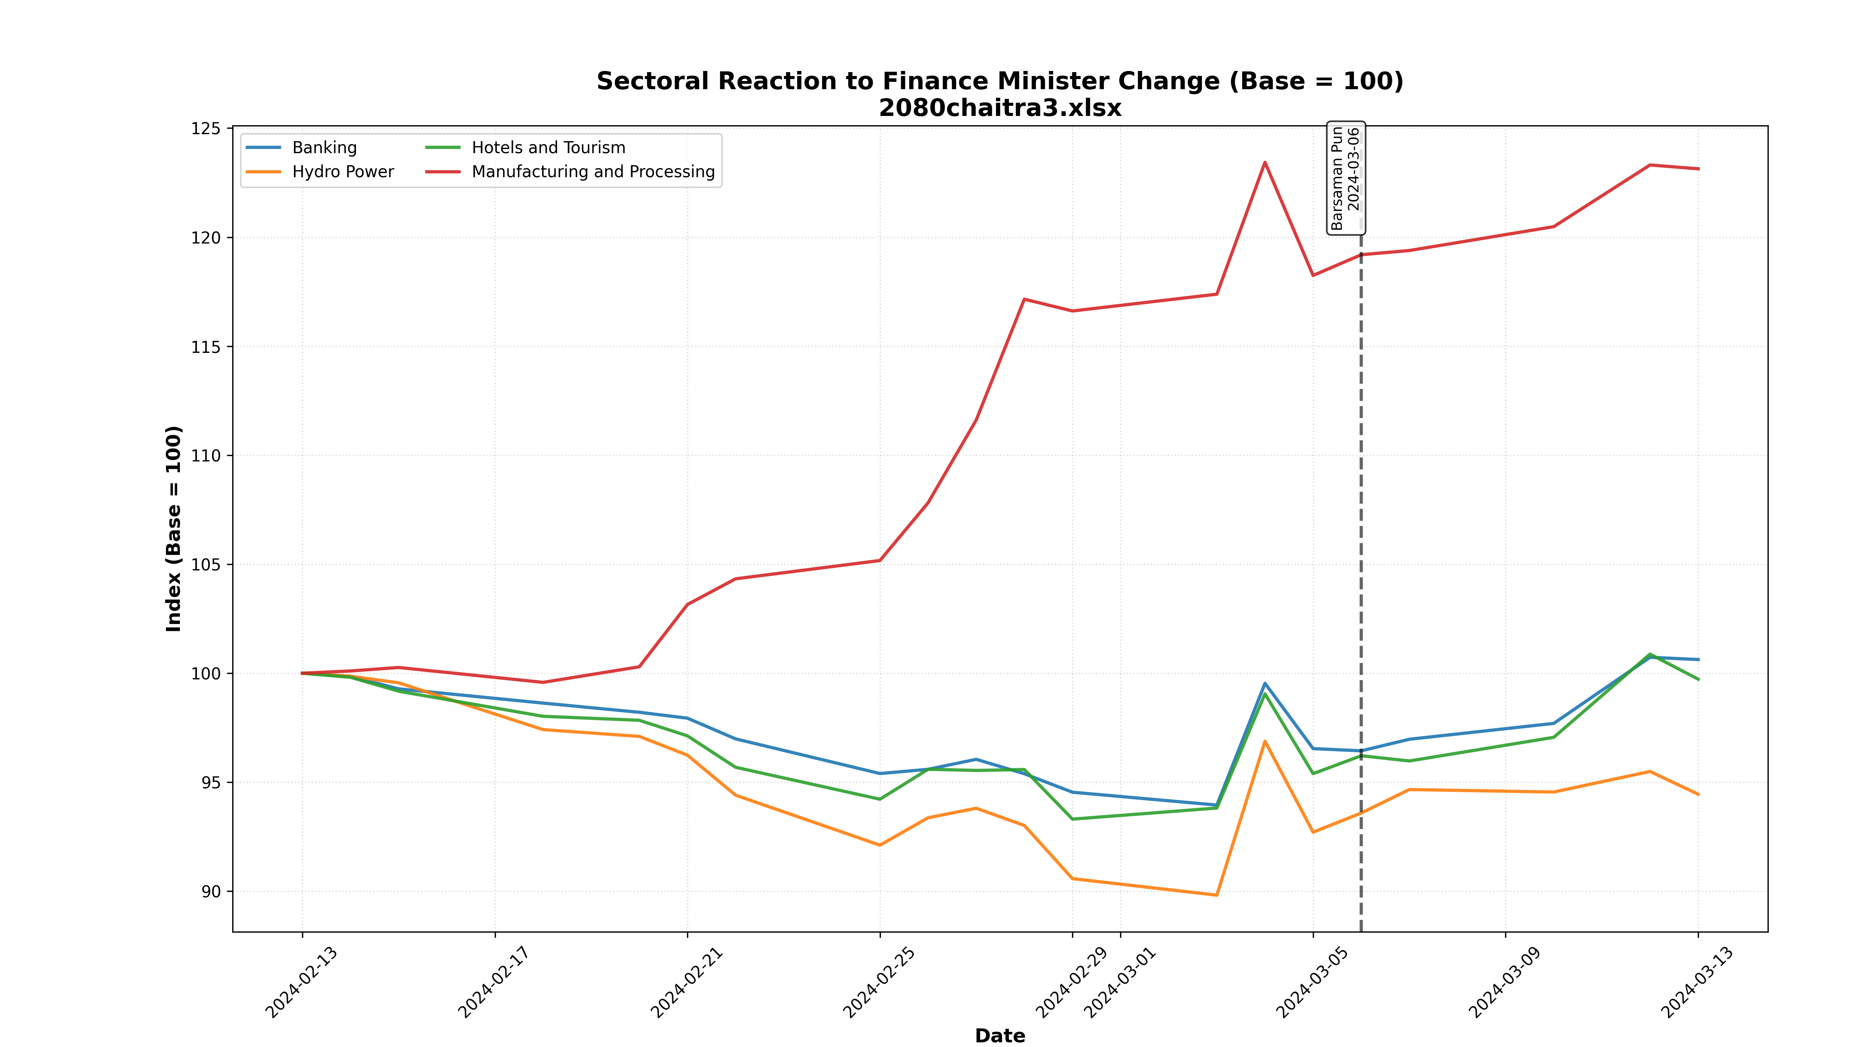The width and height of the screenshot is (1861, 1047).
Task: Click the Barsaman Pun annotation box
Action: point(1345,178)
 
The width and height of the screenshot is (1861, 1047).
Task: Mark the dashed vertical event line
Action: point(1361,578)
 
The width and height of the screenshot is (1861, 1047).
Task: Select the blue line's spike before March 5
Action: point(1265,683)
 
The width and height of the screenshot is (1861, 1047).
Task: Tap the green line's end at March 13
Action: point(1698,679)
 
